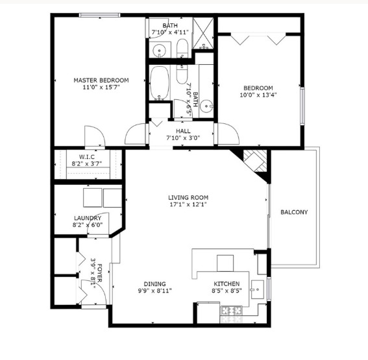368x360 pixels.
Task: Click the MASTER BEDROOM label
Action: point(101,80)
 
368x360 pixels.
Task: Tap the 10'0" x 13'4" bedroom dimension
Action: point(258,96)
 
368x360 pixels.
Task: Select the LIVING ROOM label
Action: point(189,198)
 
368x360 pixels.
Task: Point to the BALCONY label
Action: point(293,212)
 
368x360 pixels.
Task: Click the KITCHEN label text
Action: point(227,284)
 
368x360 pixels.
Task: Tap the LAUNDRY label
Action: point(87,218)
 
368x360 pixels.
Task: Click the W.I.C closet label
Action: point(88,156)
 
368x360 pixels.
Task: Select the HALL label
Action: point(175,129)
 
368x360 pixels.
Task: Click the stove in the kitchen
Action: point(231,313)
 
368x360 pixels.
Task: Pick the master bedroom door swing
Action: point(94,136)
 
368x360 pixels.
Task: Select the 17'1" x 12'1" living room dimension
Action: point(189,206)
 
